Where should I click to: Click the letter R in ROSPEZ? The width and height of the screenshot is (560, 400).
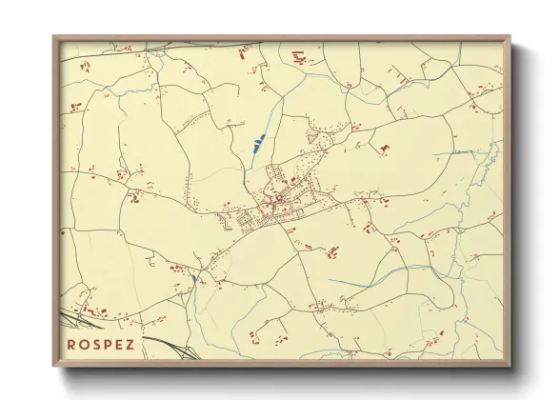click(71, 343)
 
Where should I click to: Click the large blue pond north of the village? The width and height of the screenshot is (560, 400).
click(258, 146)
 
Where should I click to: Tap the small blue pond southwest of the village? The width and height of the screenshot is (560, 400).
click(192, 278)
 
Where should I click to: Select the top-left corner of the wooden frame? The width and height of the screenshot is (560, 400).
click(55, 37)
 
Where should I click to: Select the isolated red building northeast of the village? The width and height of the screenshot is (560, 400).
click(385, 149)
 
